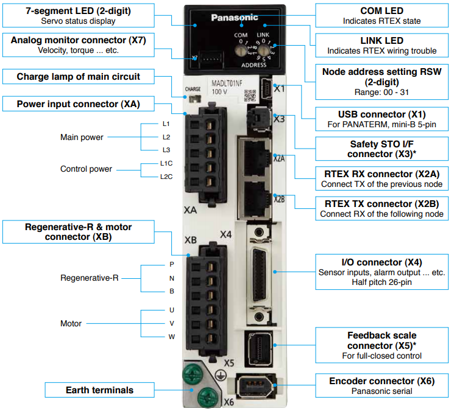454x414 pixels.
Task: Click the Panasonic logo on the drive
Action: (x=235, y=18)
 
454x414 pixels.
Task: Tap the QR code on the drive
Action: (x=250, y=96)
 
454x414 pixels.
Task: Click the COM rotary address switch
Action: (x=240, y=51)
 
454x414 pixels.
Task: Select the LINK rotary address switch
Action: (x=263, y=51)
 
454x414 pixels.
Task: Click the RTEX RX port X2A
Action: (x=255, y=158)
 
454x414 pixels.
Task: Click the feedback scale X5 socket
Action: (x=259, y=349)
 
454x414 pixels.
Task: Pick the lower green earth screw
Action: (x=208, y=398)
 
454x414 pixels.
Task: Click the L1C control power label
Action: (x=166, y=163)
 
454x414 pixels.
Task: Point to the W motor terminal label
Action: (x=172, y=337)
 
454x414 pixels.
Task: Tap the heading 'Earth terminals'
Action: (x=99, y=390)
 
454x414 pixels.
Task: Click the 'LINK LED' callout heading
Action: (x=381, y=41)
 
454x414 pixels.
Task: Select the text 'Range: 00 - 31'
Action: (x=381, y=93)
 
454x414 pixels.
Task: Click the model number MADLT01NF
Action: (x=227, y=83)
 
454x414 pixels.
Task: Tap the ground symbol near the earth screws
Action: (x=221, y=375)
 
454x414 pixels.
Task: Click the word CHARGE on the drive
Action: (x=193, y=89)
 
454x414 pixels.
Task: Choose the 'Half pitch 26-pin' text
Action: (x=381, y=282)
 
